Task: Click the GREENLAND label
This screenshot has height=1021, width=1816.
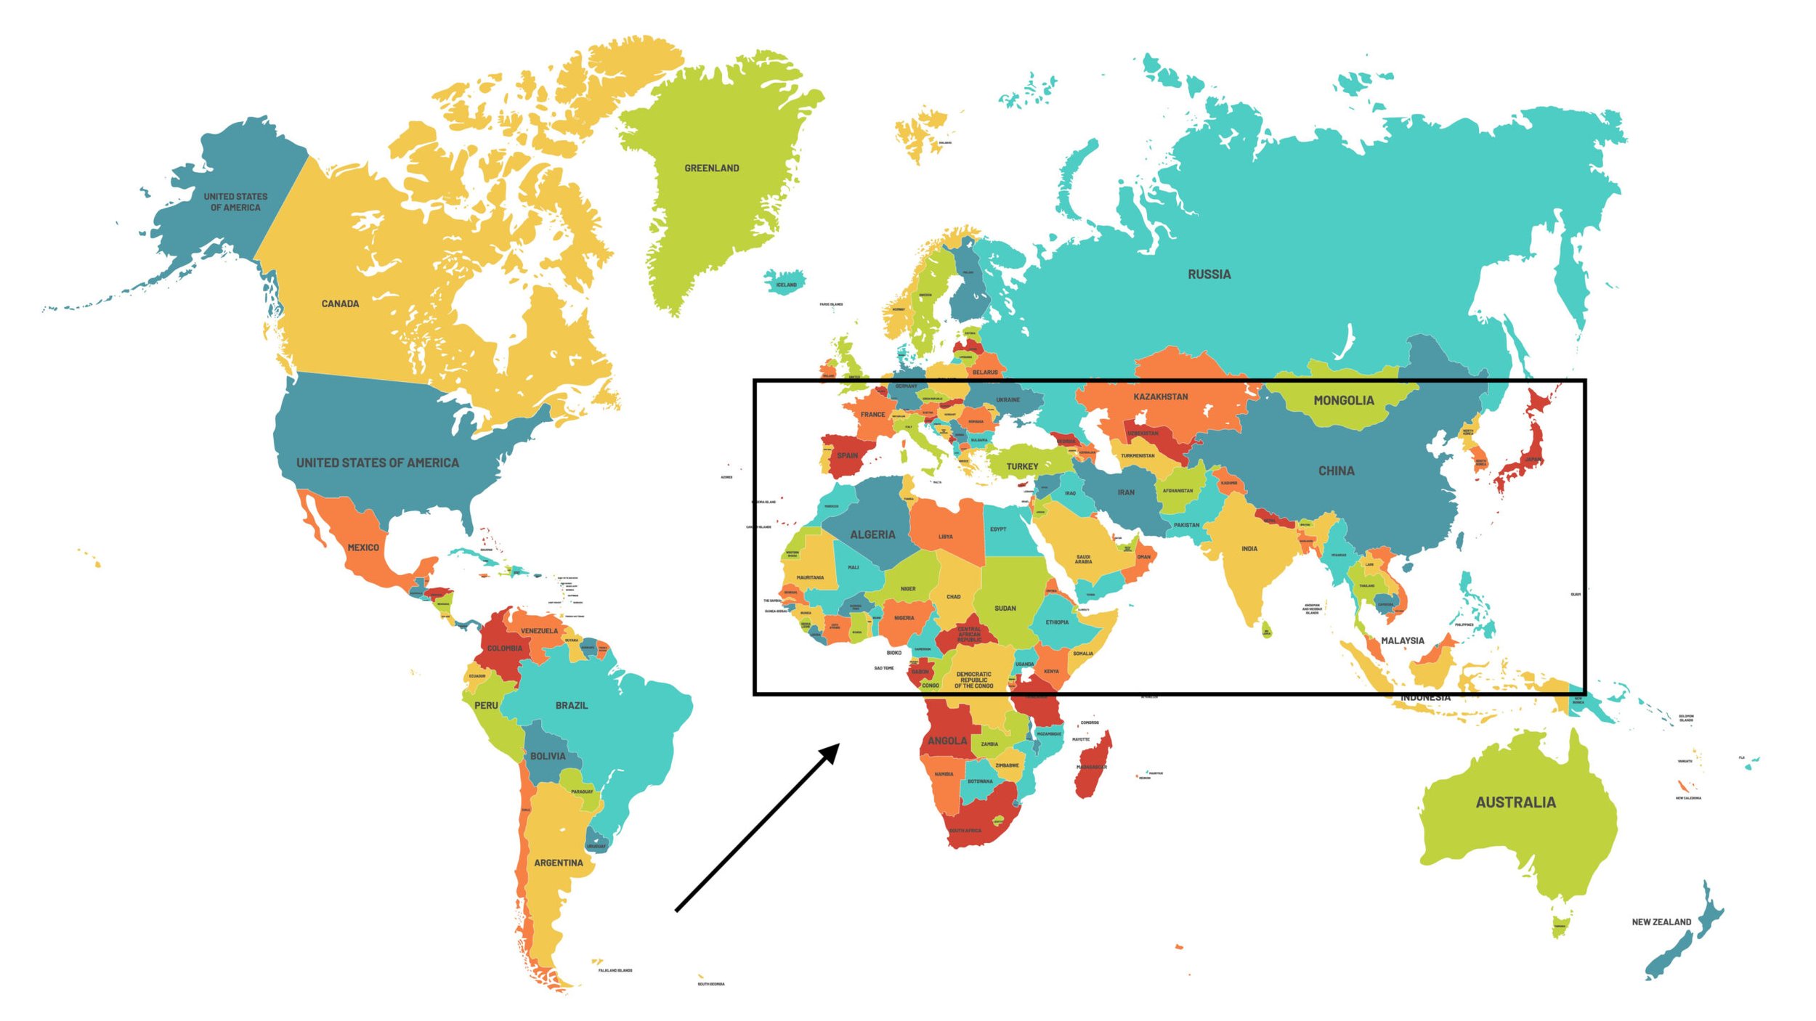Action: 711,168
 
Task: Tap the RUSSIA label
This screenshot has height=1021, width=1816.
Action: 1209,274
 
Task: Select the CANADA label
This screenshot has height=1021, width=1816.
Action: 340,304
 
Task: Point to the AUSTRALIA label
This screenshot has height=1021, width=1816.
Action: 1515,802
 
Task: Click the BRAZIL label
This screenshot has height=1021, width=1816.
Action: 571,705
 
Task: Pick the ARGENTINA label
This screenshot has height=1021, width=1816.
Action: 558,863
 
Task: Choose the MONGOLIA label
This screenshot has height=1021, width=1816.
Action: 1343,400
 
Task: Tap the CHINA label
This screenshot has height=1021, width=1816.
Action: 1336,471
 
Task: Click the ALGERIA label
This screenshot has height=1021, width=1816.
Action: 872,534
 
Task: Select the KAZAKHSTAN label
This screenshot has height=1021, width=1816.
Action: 1160,396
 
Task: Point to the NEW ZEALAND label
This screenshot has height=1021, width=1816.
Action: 1661,922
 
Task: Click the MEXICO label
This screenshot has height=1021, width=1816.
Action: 362,548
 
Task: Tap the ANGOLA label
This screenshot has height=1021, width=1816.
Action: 946,741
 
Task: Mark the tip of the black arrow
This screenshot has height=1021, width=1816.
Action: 839,744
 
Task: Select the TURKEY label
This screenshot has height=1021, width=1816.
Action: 1021,466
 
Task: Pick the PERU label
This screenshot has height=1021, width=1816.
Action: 486,705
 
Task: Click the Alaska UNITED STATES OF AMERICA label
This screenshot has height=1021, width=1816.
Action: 235,202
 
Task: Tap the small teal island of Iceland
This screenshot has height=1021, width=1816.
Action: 785,281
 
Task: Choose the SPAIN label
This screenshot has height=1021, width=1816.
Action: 847,455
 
